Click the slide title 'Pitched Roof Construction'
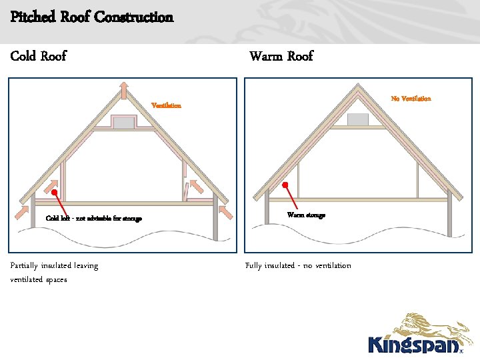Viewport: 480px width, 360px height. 92,17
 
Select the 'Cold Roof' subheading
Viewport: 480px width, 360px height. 39,56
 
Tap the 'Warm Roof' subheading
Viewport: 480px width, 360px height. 281,56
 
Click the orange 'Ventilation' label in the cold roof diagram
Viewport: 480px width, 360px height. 166,106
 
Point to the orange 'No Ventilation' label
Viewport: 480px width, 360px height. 411,99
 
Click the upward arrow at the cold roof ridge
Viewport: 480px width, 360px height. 124,89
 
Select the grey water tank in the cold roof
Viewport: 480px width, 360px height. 124,122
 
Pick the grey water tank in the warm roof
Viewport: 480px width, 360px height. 358,119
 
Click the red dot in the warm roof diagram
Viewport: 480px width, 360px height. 285,185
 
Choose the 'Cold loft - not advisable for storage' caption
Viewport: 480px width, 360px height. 93,219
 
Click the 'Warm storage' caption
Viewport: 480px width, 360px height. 306,215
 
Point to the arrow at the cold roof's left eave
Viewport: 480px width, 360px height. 21,211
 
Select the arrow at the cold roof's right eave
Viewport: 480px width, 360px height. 225,211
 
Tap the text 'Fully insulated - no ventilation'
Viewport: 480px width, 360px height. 298,265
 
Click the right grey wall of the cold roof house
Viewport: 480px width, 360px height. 215,220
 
